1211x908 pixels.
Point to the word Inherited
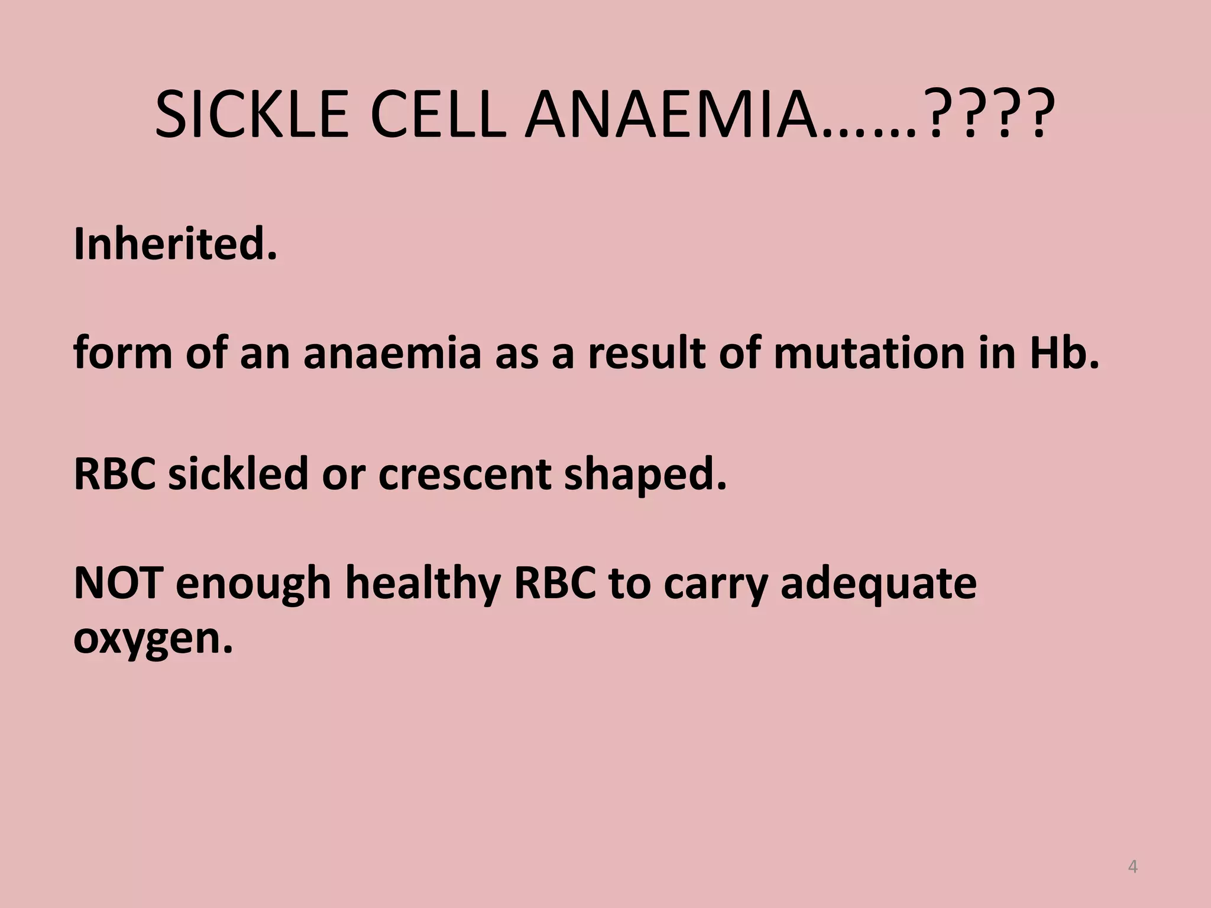pos(175,244)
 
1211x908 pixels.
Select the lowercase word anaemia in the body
pos(392,353)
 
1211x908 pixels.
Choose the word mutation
pos(869,353)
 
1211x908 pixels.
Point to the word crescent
pos(465,475)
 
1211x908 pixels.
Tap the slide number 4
pos(1132,867)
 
